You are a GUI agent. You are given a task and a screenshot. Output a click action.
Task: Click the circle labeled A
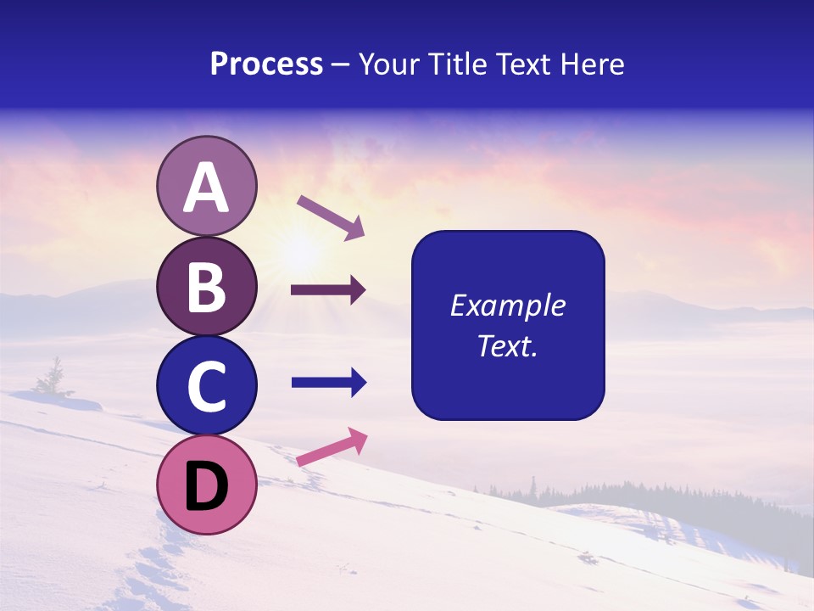(206, 186)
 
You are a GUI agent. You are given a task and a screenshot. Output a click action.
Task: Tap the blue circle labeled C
(206, 385)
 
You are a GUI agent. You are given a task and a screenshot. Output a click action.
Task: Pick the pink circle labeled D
(206, 485)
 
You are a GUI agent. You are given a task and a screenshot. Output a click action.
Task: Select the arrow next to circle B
(328, 290)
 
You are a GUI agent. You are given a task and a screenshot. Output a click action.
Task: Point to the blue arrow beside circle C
(328, 383)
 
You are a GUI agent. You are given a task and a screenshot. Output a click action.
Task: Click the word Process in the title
(266, 64)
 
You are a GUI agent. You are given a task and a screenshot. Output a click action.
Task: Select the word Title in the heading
(451, 64)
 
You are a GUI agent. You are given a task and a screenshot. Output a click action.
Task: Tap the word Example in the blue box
(507, 305)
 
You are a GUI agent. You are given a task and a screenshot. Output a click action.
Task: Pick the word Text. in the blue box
(507, 345)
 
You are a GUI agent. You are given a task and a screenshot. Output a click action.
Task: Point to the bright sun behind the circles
(300, 250)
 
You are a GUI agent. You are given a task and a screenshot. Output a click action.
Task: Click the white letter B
(206, 287)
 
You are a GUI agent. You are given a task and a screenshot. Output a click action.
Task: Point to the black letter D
(206, 486)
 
